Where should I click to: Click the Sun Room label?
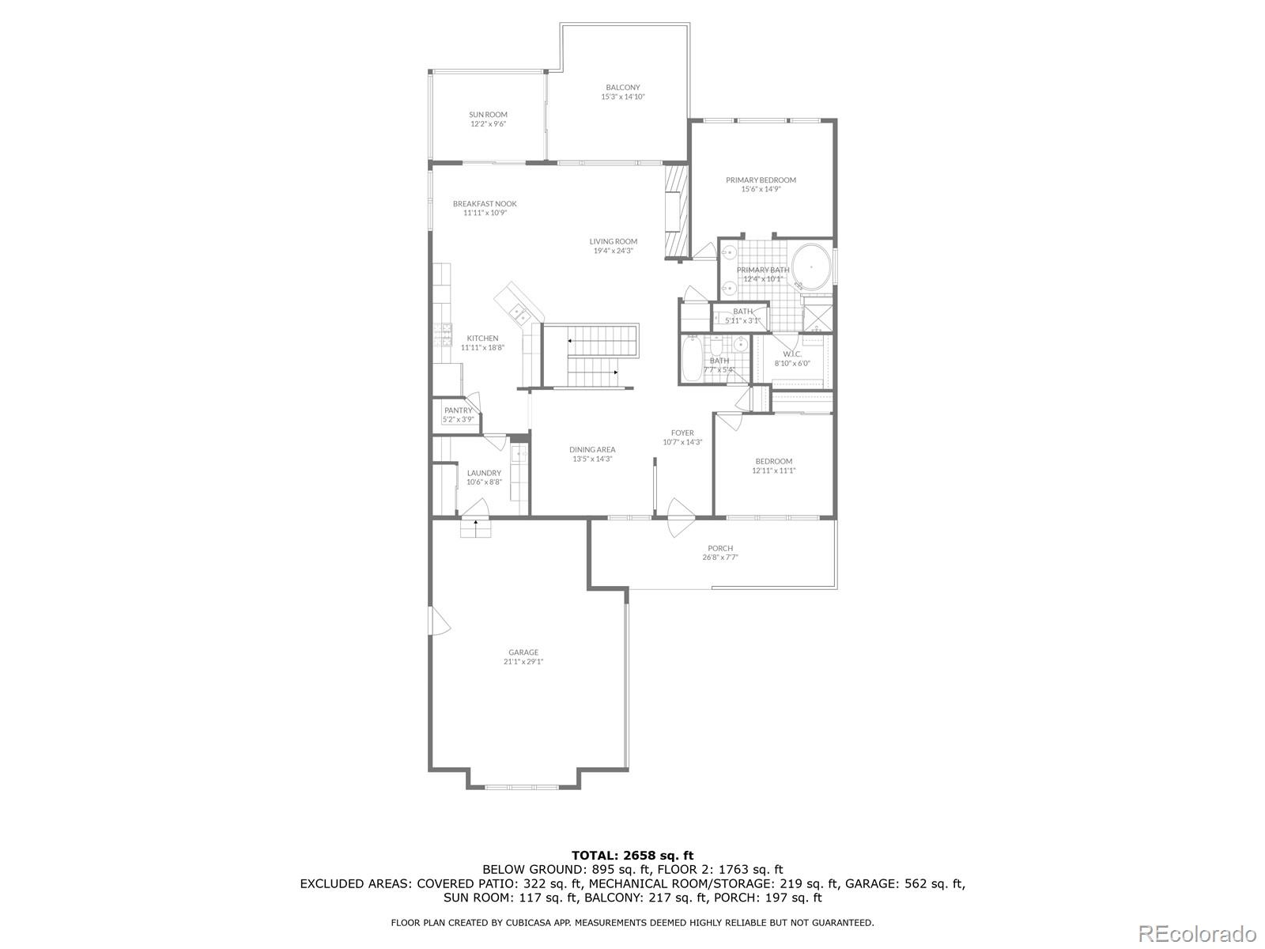488,115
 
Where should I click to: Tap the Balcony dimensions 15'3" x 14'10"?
623,97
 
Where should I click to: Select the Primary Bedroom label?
761,180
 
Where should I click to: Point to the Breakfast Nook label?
485,204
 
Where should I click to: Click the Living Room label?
613,242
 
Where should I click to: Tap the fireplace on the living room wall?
674,212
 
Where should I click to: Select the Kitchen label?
482,338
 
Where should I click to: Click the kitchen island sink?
519,313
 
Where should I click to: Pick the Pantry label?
458,410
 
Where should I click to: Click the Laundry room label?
484,473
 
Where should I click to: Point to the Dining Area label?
592,450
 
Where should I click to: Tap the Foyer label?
682,433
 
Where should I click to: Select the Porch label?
720,548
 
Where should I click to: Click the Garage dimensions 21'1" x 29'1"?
523,662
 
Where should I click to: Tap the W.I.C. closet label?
792,354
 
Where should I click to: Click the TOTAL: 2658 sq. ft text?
632,855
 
